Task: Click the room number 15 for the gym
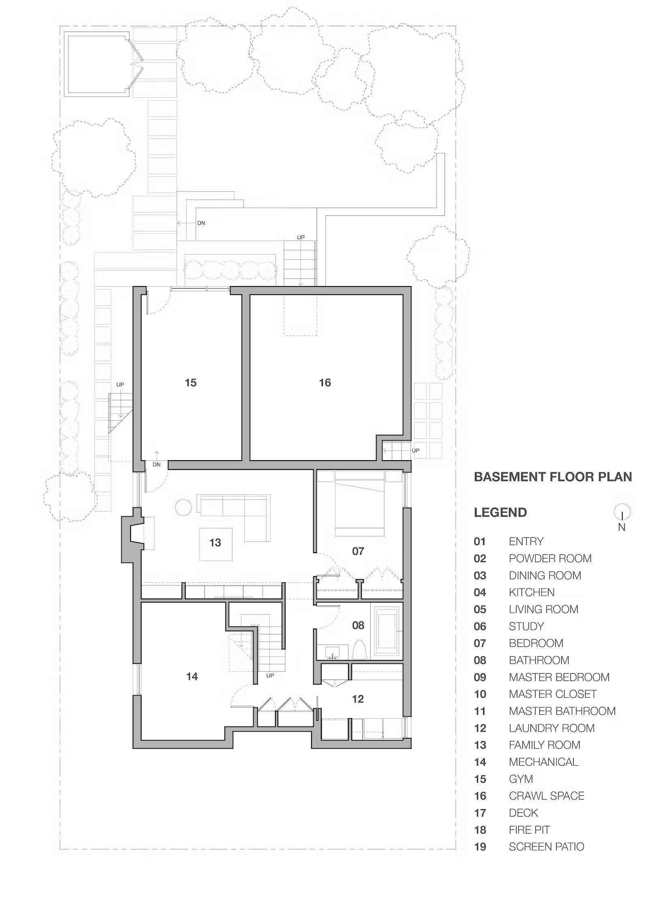(x=191, y=382)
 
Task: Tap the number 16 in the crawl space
(x=325, y=382)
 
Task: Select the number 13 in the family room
(x=215, y=543)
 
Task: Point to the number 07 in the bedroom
(x=358, y=551)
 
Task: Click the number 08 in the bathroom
(x=358, y=625)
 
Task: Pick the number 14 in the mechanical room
(x=192, y=677)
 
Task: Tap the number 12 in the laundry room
(x=358, y=699)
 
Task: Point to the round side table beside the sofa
(x=183, y=507)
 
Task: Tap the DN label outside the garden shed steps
(x=201, y=223)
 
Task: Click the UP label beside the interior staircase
(x=270, y=676)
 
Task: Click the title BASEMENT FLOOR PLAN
(x=553, y=476)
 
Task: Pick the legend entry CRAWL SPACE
(x=546, y=795)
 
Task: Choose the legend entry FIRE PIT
(x=529, y=830)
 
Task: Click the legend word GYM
(x=521, y=779)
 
